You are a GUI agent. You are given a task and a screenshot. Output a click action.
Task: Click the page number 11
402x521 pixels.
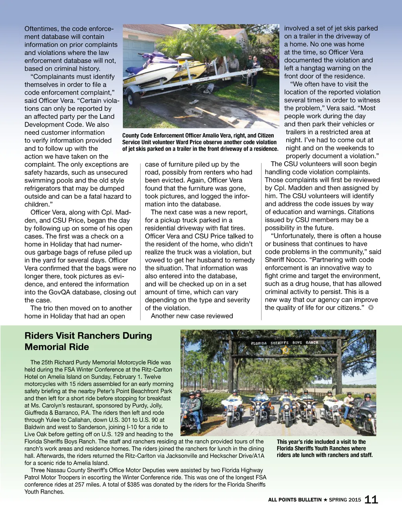click(x=371, y=500)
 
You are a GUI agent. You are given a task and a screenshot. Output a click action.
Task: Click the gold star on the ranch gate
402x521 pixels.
click(x=286, y=350)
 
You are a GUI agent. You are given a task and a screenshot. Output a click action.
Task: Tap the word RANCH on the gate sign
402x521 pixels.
click(x=312, y=342)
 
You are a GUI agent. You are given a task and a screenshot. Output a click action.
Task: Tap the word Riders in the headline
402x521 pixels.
click(x=38, y=336)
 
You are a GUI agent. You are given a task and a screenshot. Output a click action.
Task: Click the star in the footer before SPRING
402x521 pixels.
click(x=325, y=500)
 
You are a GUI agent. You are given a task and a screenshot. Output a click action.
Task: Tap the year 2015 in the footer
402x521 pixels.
click(x=354, y=500)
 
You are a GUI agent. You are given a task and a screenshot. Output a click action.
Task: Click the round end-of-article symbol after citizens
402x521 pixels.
click(x=371, y=308)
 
